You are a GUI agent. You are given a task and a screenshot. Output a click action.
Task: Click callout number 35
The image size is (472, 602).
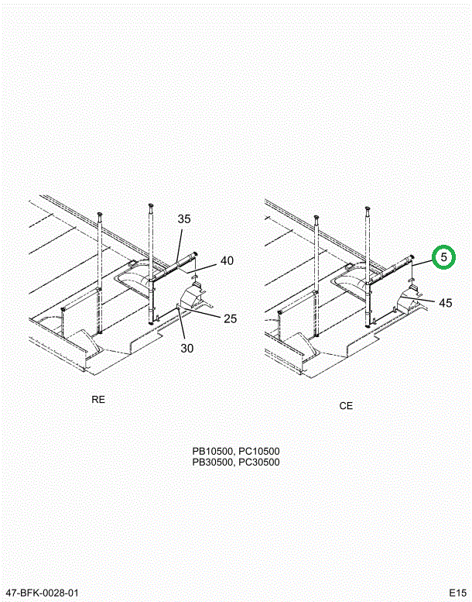click(x=184, y=218)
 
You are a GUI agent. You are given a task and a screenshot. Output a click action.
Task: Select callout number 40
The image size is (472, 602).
click(x=227, y=260)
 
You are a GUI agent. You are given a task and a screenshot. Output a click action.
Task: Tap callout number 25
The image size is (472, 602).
click(x=230, y=318)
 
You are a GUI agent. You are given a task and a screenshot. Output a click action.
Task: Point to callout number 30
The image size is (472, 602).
click(x=187, y=348)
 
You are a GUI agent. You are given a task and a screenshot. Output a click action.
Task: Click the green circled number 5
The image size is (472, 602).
click(x=443, y=257)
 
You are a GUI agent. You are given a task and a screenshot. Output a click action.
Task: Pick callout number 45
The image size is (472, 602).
click(x=446, y=303)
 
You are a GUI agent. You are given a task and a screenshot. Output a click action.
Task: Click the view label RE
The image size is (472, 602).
click(x=98, y=400)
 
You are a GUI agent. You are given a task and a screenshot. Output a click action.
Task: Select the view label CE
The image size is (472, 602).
click(x=346, y=406)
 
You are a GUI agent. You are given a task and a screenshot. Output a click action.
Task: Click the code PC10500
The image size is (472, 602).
click(x=259, y=451)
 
